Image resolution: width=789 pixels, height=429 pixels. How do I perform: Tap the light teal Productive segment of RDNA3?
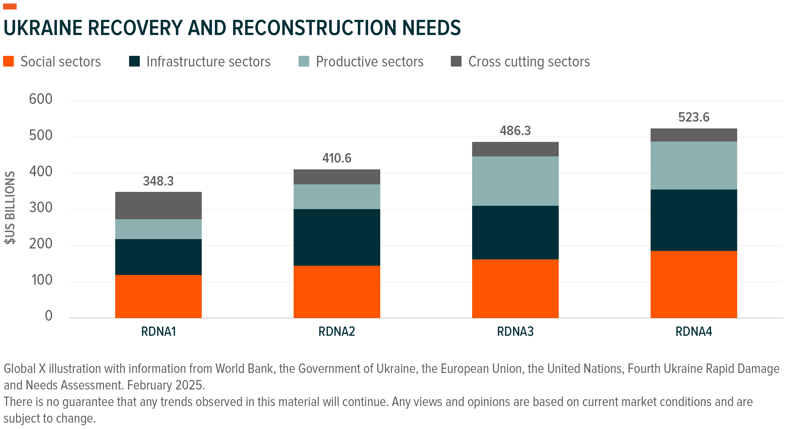coord(515,181)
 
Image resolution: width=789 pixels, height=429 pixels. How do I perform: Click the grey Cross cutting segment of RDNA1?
coord(158,205)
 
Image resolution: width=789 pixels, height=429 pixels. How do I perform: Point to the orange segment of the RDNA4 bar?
coord(693,284)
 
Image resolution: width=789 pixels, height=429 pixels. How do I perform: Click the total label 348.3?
coord(158,181)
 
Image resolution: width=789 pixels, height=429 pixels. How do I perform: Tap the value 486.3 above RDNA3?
coord(515,131)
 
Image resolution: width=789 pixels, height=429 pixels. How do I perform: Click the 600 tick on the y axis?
coord(41,99)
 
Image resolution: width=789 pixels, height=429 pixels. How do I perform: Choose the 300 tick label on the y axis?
coord(41,208)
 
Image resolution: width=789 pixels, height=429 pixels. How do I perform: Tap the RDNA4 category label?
coord(693,332)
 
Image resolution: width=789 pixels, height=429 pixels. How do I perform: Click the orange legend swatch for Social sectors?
coord(9,61)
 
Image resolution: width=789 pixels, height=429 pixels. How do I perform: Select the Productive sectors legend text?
coord(369,62)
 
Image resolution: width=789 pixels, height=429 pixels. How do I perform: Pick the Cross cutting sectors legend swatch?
coord(456,61)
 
